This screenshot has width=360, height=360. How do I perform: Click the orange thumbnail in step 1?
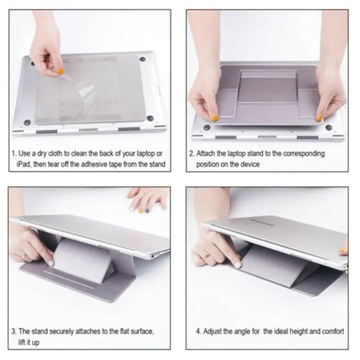coord(61,72)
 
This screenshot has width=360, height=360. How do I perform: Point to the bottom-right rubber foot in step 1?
coord(150,118)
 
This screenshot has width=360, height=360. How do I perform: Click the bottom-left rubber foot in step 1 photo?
coord(27,122)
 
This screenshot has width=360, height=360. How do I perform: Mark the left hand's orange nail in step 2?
coord(215,118)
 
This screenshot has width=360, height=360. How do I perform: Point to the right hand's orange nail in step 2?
coord(319,118)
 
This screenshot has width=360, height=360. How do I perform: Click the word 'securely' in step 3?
coord(61,332)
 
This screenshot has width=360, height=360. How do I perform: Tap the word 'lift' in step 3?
coord(22,342)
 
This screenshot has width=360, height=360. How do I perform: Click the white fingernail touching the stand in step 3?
coord(51,263)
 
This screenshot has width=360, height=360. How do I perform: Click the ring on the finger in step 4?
coord(206,256)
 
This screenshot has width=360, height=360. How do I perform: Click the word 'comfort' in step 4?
coord(333,332)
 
